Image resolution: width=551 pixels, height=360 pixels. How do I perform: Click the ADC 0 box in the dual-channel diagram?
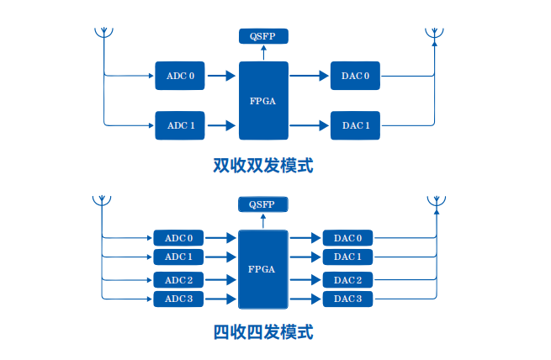pyautogui.click(x=180, y=76)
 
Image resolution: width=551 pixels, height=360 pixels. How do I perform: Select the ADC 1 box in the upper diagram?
pyautogui.click(x=180, y=125)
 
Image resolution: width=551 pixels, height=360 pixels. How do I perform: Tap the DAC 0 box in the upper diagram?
pyautogui.click(x=355, y=76)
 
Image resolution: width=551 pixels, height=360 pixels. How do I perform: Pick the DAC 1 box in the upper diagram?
pyautogui.click(x=355, y=125)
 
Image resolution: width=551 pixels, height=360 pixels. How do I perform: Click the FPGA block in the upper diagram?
pyautogui.click(x=263, y=100)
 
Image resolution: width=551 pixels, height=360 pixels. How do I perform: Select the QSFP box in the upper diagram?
pyautogui.click(x=263, y=36)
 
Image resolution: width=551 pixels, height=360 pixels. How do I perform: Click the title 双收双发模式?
pyautogui.click(x=262, y=165)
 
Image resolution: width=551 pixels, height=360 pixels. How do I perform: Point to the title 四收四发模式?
pyautogui.click(x=262, y=331)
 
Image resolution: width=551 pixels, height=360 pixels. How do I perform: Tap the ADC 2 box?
pyautogui.click(x=178, y=279)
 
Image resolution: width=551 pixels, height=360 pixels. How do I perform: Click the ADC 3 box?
pyautogui.click(x=178, y=299)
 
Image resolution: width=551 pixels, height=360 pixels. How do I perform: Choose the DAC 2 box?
pyautogui.click(x=347, y=279)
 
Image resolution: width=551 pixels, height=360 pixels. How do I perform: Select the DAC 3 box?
pyautogui.click(x=347, y=299)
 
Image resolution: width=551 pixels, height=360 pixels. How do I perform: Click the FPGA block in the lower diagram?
pyautogui.click(x=263, y=269)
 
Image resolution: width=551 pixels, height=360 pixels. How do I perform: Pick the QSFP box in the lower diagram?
pyautogui.click(x=263, y=204)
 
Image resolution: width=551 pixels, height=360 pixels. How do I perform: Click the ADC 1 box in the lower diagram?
pyautogui.click(x=178, y=257)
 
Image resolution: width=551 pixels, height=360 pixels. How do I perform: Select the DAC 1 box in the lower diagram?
pyautogui.click(x=347, y=257)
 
